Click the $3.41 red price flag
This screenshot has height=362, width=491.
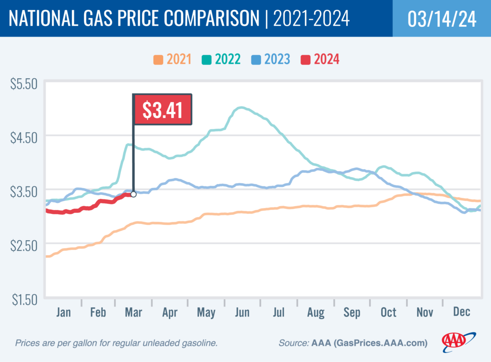coord(162,110)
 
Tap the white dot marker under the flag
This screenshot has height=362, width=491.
coord(133,194)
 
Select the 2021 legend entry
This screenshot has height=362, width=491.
coord(172,59)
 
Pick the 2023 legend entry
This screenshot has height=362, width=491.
coord(270,59)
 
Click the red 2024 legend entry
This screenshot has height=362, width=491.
coord(320,59)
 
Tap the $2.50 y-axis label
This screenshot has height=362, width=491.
coord(23,246)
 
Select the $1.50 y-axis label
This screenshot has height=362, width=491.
coord(23,300)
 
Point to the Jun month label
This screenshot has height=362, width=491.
coord(242,313)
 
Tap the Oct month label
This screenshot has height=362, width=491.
coord(388,313)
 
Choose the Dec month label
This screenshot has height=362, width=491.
coord(461,313)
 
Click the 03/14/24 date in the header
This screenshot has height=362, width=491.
coord(442,19)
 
